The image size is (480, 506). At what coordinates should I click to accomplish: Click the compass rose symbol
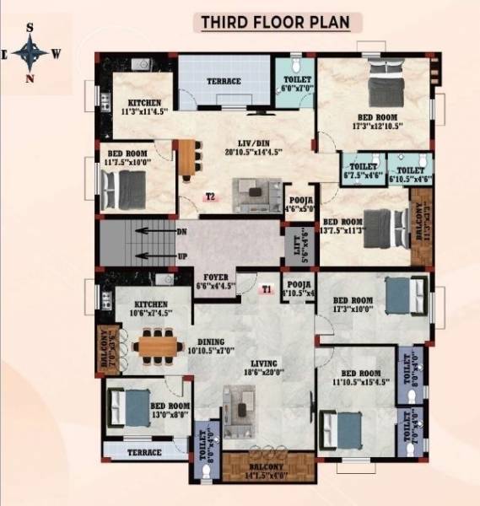31,53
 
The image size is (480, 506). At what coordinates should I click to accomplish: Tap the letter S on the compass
30,27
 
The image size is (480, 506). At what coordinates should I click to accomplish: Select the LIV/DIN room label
253,147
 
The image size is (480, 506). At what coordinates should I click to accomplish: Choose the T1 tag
267,289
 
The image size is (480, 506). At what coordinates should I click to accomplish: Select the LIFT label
292,245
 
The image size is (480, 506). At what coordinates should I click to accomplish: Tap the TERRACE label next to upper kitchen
224,82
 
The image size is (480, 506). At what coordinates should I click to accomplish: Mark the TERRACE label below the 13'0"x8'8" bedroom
144,453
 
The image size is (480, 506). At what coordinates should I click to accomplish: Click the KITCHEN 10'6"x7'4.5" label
148,308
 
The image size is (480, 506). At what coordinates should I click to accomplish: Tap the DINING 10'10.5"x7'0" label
206,347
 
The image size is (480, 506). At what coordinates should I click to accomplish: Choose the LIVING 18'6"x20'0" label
262,369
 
